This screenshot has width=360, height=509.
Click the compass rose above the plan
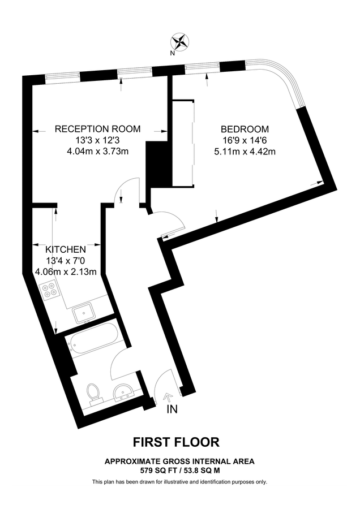pyautogui.click(x=181, y=41)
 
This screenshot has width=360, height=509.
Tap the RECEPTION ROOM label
pyautogui.click(x=97, y=129)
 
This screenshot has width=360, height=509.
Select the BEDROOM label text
pyautogui.click(x=245, y=129)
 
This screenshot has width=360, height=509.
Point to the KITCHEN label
pyautogui.click(x=66, y=249)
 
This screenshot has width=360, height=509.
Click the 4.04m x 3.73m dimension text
pyautogui.click(x=97, y=151)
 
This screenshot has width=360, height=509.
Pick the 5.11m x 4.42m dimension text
pyautogui.click(x=245, y=151)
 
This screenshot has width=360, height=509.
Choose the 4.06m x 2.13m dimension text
pyautogui.click(x=66, y=271)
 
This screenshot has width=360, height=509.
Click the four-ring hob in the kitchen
pyautogui.click(x=50, y=290)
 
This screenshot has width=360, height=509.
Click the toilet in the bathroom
pyautogui.click(x=93, y=391)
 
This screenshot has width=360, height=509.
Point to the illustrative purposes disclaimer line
pyautogui.click(x=179, y=482)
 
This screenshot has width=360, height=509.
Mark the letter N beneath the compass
pyautogui.click(x=172, y=54)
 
